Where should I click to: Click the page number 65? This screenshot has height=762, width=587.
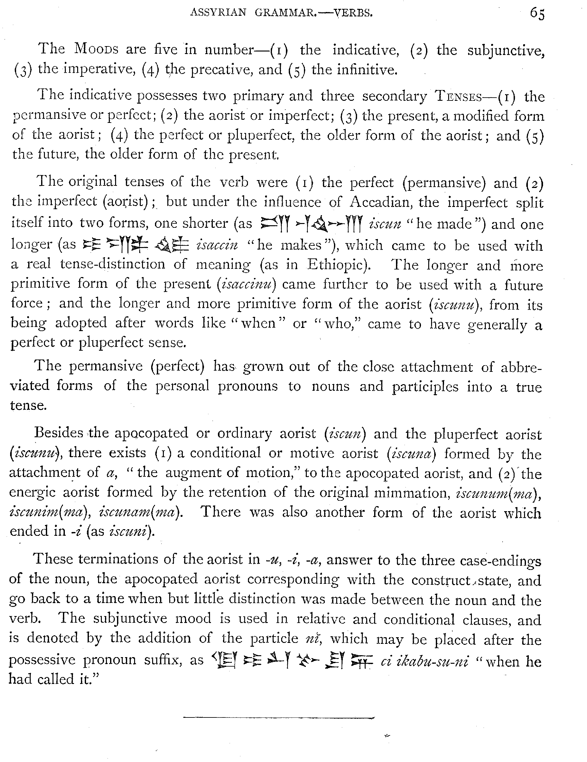[537, 14]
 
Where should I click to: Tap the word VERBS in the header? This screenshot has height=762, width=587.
[353, 13]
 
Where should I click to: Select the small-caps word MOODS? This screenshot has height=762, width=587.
[96, 49]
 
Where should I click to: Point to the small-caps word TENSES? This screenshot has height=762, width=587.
[458, 97]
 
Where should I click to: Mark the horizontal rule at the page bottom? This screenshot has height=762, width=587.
[278, 718]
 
